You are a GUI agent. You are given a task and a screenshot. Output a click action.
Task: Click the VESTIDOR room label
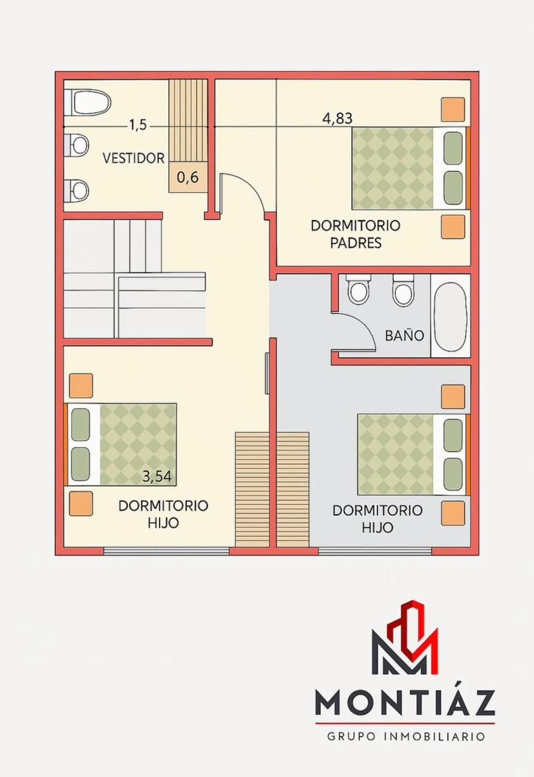coord(133,158)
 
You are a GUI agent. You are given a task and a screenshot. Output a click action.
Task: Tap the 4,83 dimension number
coord(337,118)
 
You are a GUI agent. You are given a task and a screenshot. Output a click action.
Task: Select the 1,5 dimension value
coord(138,125)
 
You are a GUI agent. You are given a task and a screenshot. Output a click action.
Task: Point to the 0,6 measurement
coord(188,178)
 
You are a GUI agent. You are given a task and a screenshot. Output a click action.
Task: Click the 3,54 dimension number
coord(157,477)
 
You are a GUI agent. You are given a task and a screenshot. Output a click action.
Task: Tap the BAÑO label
coord(405,336)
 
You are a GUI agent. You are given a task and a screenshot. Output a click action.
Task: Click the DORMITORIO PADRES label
coord(356,234)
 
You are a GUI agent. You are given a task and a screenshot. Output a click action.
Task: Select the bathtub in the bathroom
coord(450,316)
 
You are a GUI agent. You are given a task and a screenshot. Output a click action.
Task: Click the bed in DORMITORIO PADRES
coord(410,168)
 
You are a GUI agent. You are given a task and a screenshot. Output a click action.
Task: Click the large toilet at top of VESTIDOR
coord(91,103)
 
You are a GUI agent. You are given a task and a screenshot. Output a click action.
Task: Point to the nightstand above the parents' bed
coord(453,110)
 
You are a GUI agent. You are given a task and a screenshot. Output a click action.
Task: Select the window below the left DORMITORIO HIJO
coord(166,551)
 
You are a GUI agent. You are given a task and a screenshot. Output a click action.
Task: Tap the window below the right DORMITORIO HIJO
coord(375,551)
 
